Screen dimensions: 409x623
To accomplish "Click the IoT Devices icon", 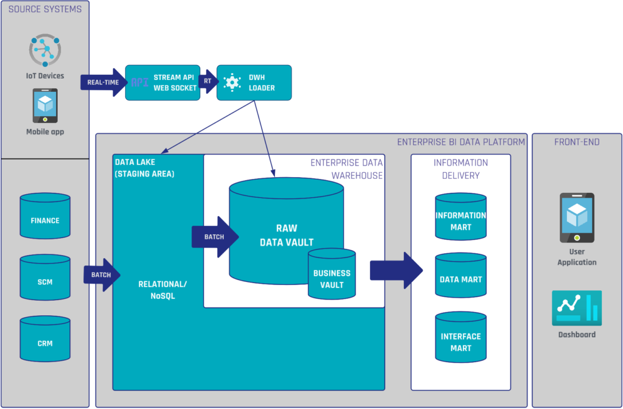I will [45, 52].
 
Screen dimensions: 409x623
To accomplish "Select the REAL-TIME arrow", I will [102, 83].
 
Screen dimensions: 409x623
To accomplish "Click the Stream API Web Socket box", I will [162, 83].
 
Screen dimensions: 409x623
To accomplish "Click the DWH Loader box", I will [254, 83].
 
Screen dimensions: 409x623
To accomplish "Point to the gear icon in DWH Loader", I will [232, 83].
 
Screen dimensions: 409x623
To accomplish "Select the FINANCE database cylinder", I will [45, 216].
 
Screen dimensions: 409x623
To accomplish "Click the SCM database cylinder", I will [45, 278].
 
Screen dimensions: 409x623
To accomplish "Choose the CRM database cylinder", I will [45, 339].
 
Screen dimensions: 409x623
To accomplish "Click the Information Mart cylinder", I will [461, 217].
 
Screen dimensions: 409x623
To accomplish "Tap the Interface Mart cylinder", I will [461, 337].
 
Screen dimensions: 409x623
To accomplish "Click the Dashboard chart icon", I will [576, 308].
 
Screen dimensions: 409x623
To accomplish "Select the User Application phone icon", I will [576, 218].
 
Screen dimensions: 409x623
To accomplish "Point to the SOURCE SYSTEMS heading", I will [45, 9].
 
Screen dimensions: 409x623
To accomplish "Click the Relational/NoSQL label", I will [162, 290].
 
